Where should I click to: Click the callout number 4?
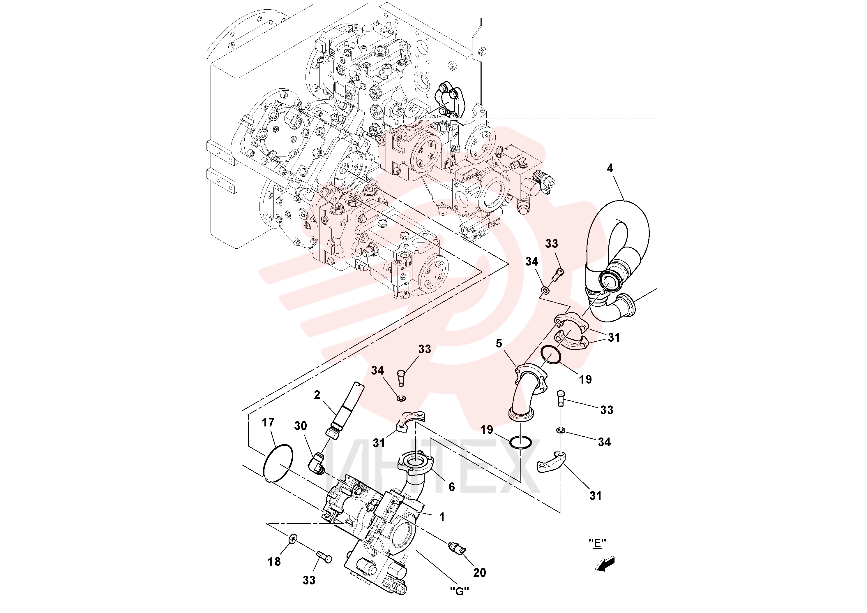610,168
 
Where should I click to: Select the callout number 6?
452,487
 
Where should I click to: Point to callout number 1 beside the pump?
442,517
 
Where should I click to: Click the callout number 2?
317,395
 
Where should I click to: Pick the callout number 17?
268,423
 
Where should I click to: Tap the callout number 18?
275,562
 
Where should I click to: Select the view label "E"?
598,543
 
